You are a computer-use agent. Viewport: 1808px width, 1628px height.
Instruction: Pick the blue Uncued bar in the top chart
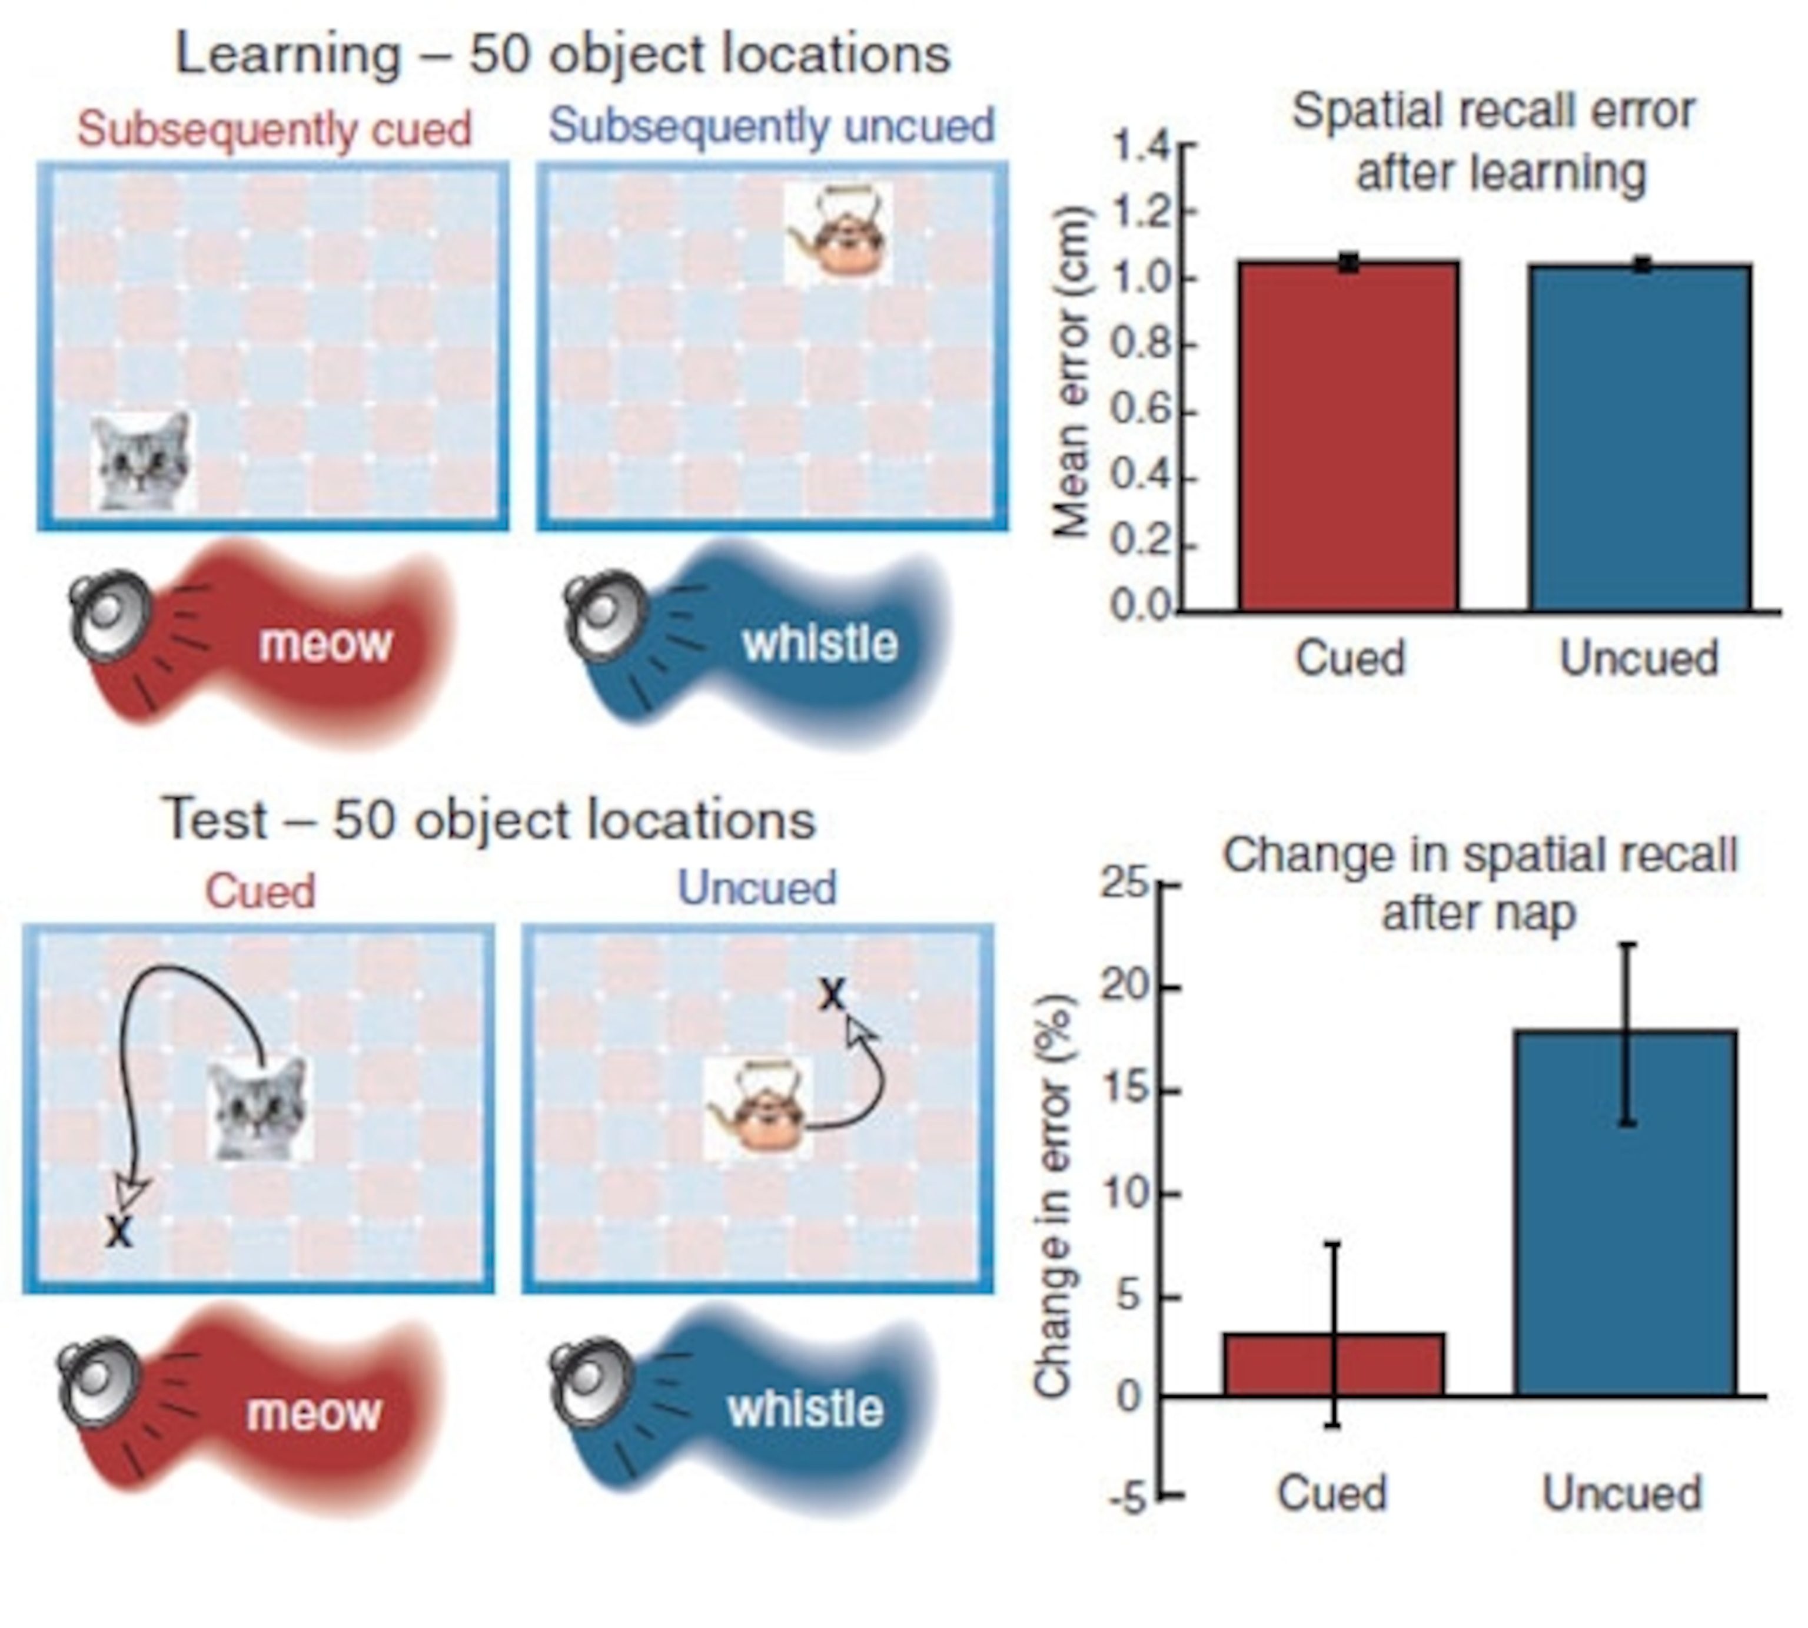(x=1640, y=437)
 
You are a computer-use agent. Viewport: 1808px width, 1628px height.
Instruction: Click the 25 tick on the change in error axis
(x=1124, y=884)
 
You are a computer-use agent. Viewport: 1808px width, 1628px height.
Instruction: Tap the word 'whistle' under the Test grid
(x=805, y=1410)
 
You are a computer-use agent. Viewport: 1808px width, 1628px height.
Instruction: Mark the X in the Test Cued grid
(x=118, y=1232)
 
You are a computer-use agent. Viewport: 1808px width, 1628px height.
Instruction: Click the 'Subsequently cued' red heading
(x=274, y=129)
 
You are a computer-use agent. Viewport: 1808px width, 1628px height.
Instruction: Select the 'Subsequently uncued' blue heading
(x=771, y=126)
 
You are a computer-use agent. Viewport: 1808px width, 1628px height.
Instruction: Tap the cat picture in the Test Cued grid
(x=260, y=1110)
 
